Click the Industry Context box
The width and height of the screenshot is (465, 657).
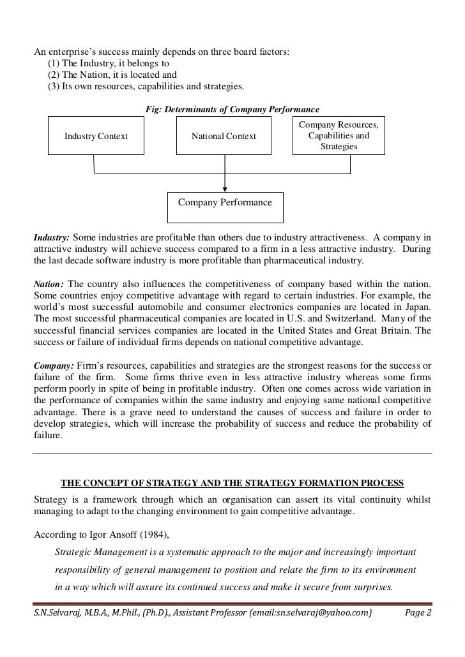[x=96, y=136]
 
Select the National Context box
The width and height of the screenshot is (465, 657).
[x=224, y=136]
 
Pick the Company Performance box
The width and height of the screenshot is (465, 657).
[x=225, y=203]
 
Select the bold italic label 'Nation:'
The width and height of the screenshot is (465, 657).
[x=48, y=283]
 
